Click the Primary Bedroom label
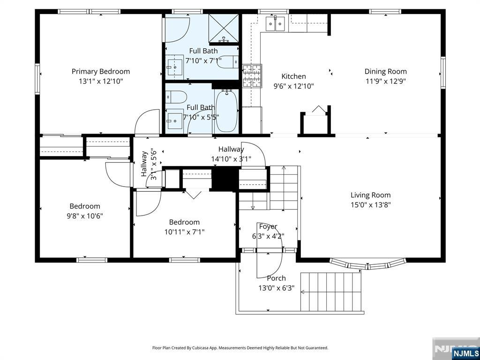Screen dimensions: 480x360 tap(101, 71)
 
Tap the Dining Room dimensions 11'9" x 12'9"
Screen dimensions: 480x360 tap(385, 82)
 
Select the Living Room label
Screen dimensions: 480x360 tap(370, 195)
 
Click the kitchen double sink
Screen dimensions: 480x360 tap(275, 24)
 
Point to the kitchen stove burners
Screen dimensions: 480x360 tap(252, 76)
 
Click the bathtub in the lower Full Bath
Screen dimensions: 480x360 tap(226, 111)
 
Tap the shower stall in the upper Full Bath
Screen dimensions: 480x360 tap(224, 28)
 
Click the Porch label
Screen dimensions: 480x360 tap(277, 278)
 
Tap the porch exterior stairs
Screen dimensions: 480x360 tap(331, 292)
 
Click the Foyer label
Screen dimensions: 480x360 tap(268, 226)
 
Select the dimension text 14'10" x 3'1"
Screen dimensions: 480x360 tap(231, 159)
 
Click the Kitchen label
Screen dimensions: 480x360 tap(293, 76)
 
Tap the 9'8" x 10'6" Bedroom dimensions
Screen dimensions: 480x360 tap(85, 216)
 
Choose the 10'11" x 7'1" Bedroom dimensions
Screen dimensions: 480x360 tap(184, 232)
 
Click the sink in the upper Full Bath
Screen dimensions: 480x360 tap(174, 66)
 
